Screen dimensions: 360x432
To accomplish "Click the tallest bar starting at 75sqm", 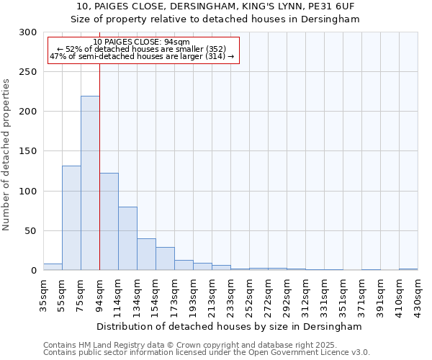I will pyautogui.click(x=90, y=183).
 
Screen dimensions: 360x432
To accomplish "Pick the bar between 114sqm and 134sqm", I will pyautogui.click(x=127, y=238).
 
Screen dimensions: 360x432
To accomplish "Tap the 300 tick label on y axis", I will pyautogui.click(x=28, y=32).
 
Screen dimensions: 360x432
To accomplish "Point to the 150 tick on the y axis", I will pyautogui.click(x=28, y=151).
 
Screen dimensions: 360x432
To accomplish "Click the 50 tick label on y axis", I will pyautogui.click(x=31, y=231).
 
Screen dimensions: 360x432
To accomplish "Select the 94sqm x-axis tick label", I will pyautogui.click(x=99, y=292).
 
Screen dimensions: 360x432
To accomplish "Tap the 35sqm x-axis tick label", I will pyautogui.click(x=43, y=292).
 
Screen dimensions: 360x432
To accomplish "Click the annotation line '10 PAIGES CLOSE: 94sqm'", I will pyautogui.click(x=142, y=42).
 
